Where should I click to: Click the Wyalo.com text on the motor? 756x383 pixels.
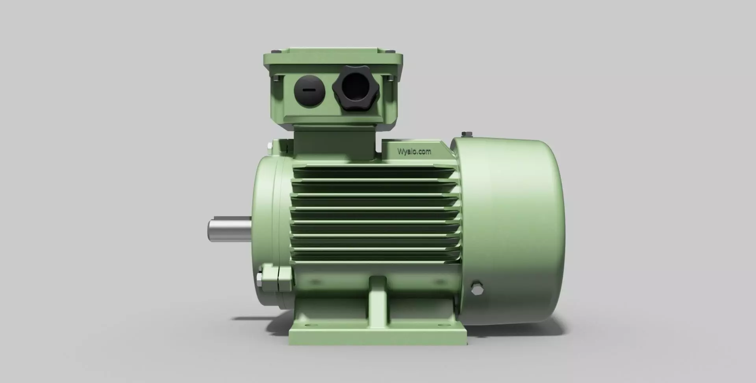point(414,151)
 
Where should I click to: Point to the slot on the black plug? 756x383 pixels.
point(309,90)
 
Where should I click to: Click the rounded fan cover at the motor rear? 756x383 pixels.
point(512,220)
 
